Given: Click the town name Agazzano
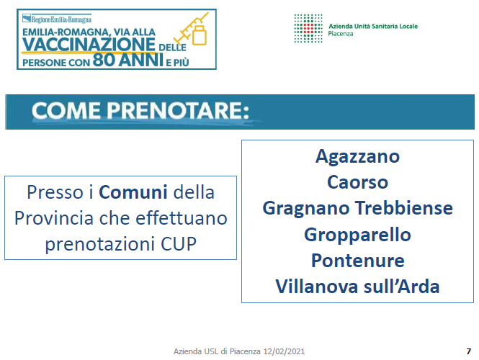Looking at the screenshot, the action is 357,157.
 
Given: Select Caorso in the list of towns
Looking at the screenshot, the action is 357,182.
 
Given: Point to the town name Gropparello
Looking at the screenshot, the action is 357,235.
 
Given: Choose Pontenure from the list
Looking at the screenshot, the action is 358,261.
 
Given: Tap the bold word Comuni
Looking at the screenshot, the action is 133,192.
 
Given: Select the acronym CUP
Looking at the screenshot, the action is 179,244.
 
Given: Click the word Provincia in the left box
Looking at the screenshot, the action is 54,218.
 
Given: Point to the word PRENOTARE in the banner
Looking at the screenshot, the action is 177,110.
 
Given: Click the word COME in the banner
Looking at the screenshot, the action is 66,110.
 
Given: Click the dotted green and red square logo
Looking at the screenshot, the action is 308,28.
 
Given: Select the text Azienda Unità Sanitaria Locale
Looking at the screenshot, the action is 373,26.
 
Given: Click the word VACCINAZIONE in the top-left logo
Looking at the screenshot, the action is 89,45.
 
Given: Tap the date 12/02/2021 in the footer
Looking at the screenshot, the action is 284,351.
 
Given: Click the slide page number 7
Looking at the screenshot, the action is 469,351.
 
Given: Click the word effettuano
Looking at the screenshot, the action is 182,218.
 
